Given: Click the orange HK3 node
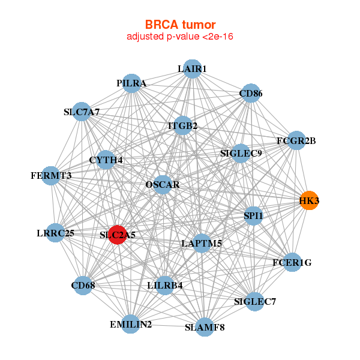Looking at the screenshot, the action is [x=309, y=200].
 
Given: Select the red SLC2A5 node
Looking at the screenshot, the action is [x=118, y=235].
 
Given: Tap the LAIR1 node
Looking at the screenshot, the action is [x=193, y=69].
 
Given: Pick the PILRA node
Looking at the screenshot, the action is [x=131, y=83].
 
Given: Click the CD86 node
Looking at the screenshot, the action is [x=251, y=93].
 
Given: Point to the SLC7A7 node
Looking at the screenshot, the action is [x=82, y=112].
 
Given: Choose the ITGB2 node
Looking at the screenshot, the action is [x=183, y=125].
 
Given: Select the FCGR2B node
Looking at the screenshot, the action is [x=296, y=140].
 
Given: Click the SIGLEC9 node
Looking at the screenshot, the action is [x=241, y=154].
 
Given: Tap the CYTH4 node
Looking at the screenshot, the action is [x=106, y=160].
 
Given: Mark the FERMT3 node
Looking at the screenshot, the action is [x=51, y=176].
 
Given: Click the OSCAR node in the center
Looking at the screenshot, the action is [x=163, y=185].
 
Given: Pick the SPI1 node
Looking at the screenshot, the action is [x=253, y=216].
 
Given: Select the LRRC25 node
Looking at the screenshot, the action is [x=56, y=233].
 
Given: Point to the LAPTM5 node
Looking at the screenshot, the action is [x=202, y=244].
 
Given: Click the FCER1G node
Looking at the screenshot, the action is [x=292, y=262].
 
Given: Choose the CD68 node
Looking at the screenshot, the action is [x=83, y=286].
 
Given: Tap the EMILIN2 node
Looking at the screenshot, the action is [x=131, y=324].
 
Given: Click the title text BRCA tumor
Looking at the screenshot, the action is [x=180, y=25].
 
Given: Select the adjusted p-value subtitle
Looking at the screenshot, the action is [x=180, y=37].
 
